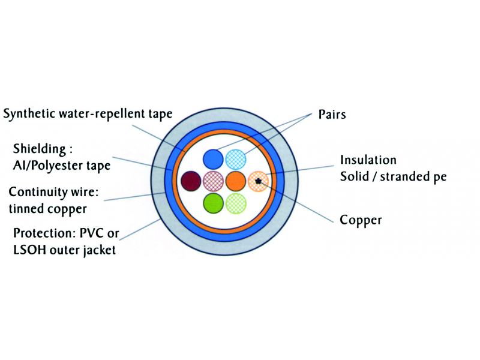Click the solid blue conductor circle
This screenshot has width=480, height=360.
click(214, 159)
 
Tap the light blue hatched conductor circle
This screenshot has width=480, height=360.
click(235, 159)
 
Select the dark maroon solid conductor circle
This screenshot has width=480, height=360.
click(191, 180)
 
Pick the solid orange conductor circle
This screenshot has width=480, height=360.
click(235, 180)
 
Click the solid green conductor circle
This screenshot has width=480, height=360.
click(214, 202)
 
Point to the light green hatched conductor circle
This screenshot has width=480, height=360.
click(235, 202)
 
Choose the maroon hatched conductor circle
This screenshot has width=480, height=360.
click(214, 180)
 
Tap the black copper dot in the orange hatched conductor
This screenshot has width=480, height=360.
click(258, 180)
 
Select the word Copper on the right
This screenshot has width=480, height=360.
click(361, 220)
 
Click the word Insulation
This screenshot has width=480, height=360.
click(368, 160)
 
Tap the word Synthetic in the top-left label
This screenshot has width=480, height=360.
click(28, 114)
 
